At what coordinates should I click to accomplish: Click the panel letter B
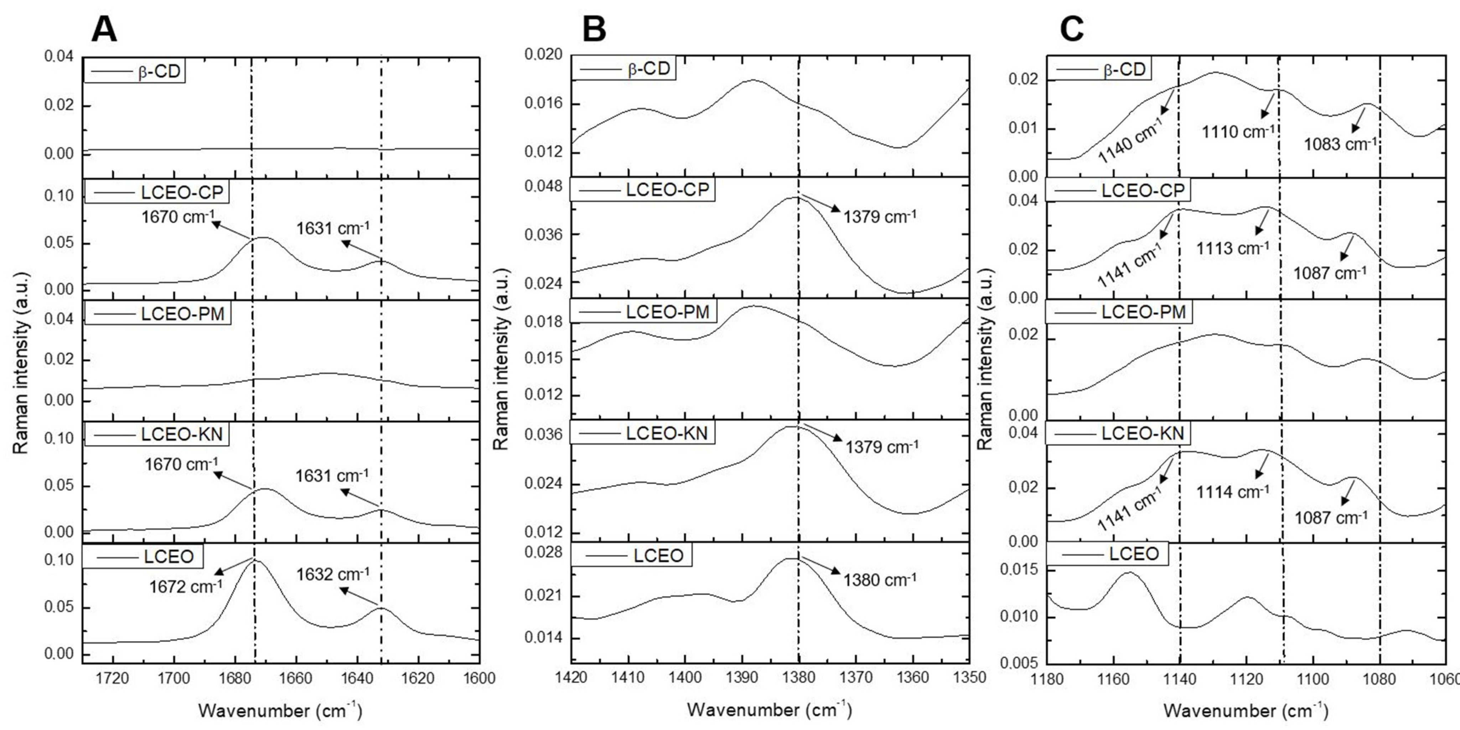click(x=594, y=30)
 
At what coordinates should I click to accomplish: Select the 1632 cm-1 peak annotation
click(x=333, y=574)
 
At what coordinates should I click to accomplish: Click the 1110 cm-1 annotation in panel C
click(x=1238, y=132)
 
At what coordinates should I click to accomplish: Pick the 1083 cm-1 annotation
click(x=1340, y=144)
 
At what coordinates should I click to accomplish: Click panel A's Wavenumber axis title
click(x=280, y=710)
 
